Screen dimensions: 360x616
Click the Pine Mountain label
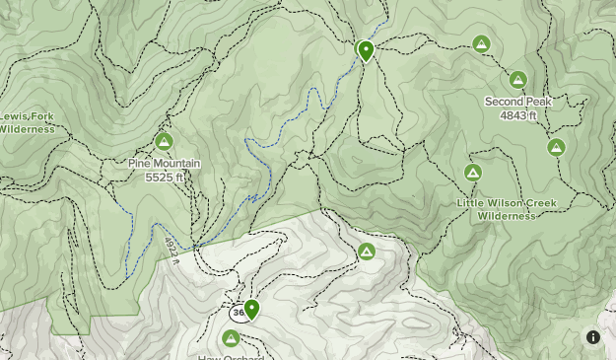click(x=165, y=164)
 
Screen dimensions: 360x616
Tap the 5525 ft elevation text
click(x=165, y=178)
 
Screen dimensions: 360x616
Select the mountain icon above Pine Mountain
click(x=164, y=141)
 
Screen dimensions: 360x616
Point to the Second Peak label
click(x=518, y=102)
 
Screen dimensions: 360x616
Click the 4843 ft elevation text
click(x=518, y=115)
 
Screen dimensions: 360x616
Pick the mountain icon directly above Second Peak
click(x=518, y=80)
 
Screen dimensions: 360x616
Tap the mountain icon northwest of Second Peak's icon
click(x=481, y=43)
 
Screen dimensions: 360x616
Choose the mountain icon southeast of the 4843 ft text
click(x=556, y=148)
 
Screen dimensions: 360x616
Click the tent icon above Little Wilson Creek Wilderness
click(x=473, y=173)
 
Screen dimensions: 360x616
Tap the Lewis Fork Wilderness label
click(x=28, y=122)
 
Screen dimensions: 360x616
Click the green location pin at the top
click(x=366, y=49)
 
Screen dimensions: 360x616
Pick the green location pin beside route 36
click(x=251, y=309)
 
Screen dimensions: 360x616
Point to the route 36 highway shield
click(x=238, y=313)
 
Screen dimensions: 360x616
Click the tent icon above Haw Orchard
click(x=231, y=338)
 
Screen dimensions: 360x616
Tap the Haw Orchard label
click(x=231, y=356)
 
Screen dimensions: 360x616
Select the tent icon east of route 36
click(x=367, y=252)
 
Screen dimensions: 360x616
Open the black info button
click(x=593, y=337)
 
